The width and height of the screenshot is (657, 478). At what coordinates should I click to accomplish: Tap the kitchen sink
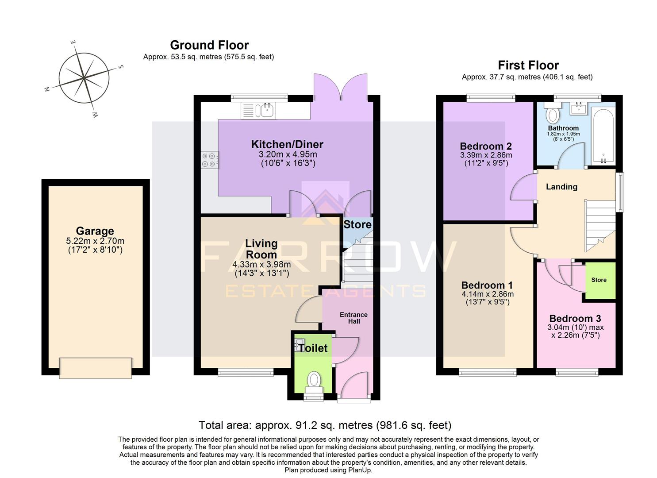tap(266, 110)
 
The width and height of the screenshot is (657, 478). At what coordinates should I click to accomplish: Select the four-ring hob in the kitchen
tap(210, 160)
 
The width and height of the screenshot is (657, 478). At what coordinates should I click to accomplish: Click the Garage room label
tap(95, 231)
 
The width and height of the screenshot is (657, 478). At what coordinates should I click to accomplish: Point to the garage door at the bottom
tap(96, 368)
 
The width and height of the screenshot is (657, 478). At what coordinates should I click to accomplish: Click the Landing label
tap(561, 187)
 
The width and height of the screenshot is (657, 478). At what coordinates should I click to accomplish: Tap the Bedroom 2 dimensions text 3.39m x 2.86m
tap(486, 155)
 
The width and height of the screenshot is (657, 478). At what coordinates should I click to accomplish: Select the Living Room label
tap(261, 249)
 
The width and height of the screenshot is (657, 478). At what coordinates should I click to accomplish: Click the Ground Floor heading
tap(209, 45)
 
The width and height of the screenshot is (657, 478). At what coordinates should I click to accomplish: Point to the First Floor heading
tap(528, 66)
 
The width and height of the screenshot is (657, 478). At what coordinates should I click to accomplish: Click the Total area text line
tap(325, 425)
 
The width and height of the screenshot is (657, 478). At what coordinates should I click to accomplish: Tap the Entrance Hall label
tap(353, 318)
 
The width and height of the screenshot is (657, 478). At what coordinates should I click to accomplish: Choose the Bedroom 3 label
tap(575, 319)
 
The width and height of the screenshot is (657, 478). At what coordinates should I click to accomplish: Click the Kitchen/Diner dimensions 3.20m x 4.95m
tap(288, 155)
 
